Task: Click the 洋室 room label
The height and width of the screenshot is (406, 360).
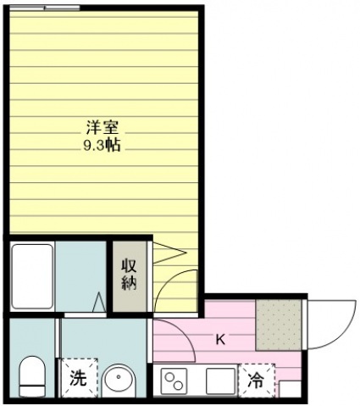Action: (102, 127)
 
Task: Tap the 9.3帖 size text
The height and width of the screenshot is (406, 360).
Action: (102, 146)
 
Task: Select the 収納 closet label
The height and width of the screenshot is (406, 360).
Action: (129, 275)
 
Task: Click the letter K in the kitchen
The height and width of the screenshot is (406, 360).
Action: (220, 339)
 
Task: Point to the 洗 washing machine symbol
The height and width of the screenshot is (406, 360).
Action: (78, 378)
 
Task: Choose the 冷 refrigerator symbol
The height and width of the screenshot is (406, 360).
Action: (257, 380)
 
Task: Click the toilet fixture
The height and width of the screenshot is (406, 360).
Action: (32, 376)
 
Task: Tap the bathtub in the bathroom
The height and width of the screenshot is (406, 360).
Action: (32, 276)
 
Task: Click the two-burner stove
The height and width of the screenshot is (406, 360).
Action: (174, 381)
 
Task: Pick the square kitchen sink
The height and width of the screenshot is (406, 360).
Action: (220, 381)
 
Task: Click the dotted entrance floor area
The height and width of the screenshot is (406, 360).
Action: (279, 325)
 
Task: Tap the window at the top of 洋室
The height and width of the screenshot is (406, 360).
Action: (45, 8)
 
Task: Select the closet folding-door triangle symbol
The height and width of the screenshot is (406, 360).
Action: (169, 253)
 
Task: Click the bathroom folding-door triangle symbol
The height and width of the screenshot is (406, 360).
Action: (99, 303)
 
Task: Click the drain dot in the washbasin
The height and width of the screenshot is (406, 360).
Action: (119, 377)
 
